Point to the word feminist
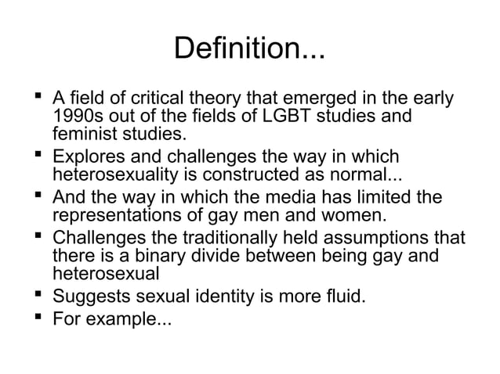(82, 135)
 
